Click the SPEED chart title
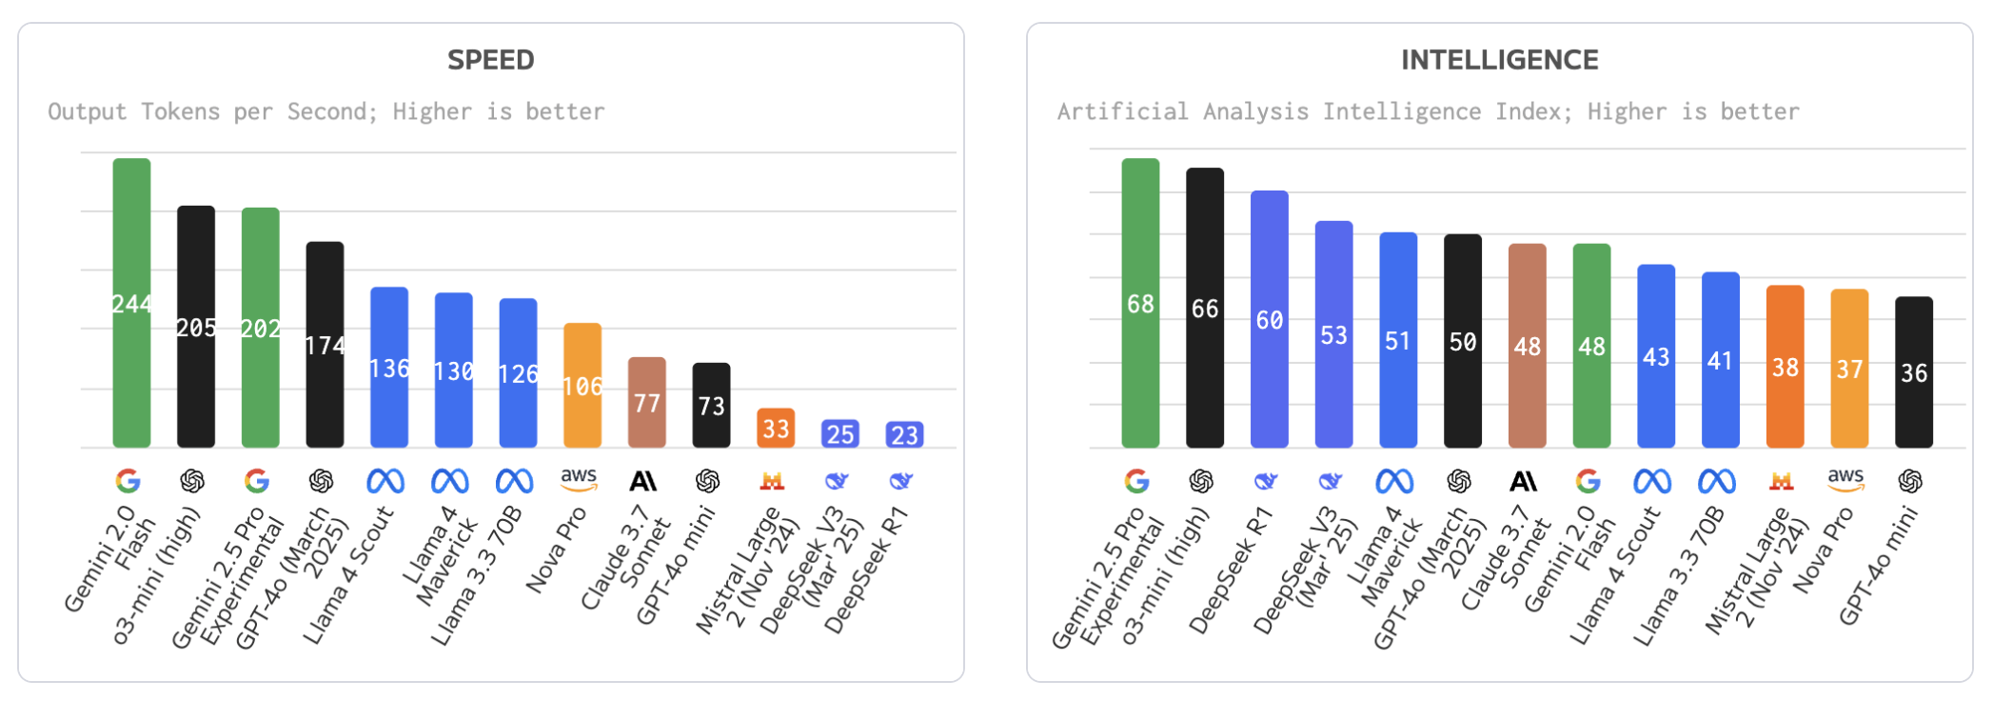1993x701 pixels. pos(490,60)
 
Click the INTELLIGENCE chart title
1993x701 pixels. pos(1499,60)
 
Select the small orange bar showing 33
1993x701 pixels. pos(776,429)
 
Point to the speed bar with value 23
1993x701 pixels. pos(904,435)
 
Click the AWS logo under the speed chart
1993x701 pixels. pos(579,479)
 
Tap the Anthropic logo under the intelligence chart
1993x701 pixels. pos(1523,481)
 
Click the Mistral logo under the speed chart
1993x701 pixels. pos(772,481)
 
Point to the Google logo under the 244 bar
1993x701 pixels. pos(128,481)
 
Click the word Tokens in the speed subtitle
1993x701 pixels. pos(180,111)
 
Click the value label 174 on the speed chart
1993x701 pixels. pos(325,346)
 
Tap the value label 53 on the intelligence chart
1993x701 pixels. pos(1333,335)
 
